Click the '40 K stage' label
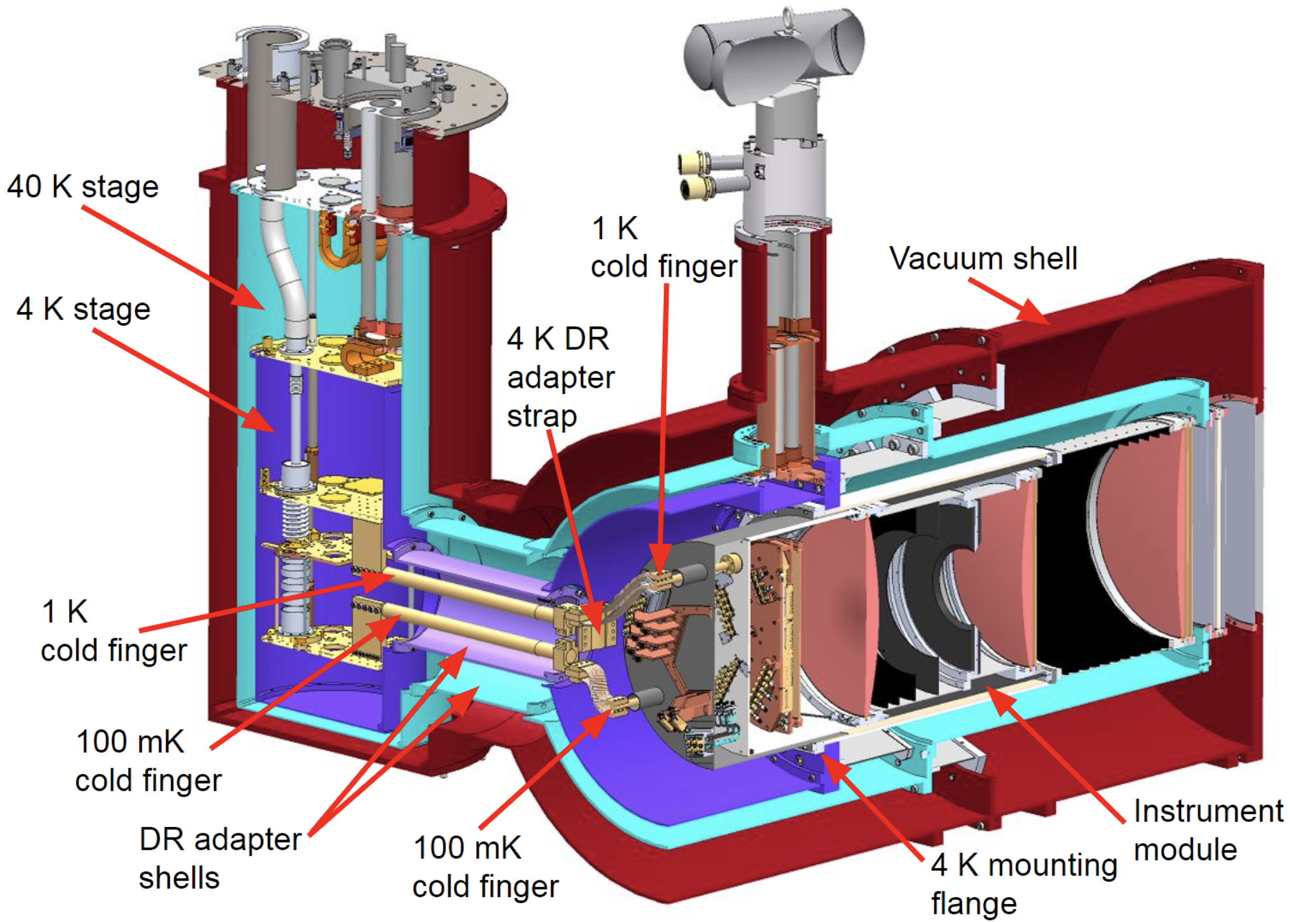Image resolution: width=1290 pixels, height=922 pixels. click(83, 187)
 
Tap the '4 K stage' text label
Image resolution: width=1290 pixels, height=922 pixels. click(83, 309)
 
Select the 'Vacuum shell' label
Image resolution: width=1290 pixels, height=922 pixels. click(983, 258)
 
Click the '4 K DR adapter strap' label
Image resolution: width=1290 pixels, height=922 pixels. click(560, 378)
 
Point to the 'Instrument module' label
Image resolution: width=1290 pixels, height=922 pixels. click(1207, 830)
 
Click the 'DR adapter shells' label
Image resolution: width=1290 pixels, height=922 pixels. click(220, 859)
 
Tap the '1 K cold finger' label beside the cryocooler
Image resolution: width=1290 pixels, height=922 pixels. click(663, 248)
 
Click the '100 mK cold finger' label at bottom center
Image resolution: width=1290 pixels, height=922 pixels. click(485, 867)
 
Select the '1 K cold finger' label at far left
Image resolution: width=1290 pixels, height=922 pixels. click(113, 632)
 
